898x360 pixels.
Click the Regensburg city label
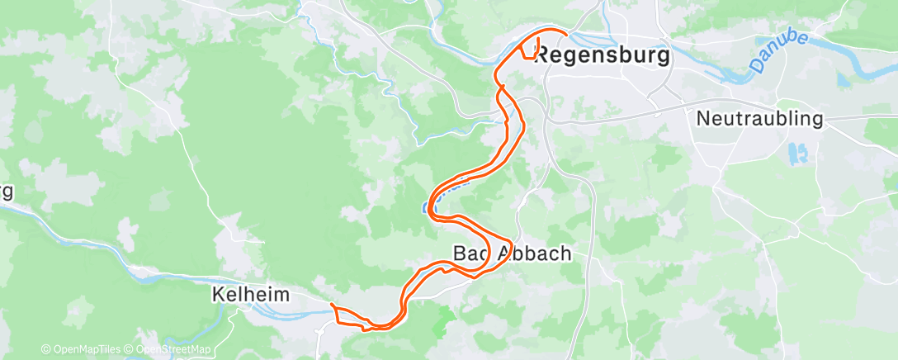click(x=602, y=56)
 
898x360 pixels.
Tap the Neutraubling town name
click(x=759, y=119)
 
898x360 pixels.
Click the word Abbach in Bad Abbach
click(x=534, y=253)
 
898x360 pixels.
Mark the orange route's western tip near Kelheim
click(x=332, y=306)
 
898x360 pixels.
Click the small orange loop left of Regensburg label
click(x=529, y=50)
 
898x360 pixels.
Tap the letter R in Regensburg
click(x=543, y=56)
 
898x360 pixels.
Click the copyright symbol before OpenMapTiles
click(x=45, y=350)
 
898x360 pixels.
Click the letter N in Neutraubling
click(x=703, y=119)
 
